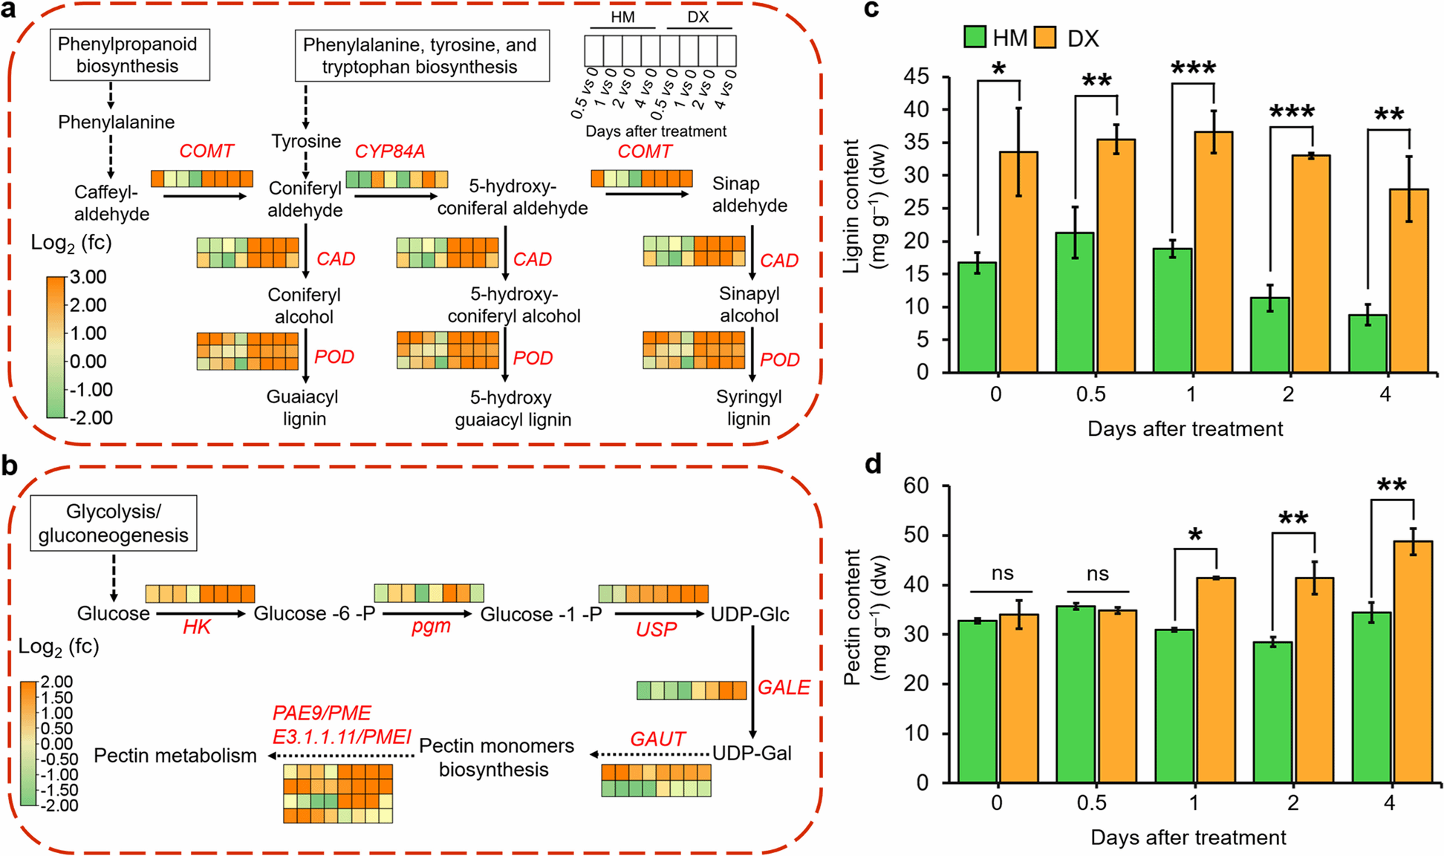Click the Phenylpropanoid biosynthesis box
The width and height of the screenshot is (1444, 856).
pos(129,55)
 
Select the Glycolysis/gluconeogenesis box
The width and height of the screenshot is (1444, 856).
pos(113,523)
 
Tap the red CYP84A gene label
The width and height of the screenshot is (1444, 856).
pos(390,151)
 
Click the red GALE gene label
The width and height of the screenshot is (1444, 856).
pos(784,687)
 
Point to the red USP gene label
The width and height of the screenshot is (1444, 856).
pos(656,630)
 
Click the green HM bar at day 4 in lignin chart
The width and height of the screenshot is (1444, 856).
pos(1367,343)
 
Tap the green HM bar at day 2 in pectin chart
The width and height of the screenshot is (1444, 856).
pos(1273,711)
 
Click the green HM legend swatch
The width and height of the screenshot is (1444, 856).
pos(975,37)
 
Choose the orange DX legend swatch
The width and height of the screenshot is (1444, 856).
pos(1046,37)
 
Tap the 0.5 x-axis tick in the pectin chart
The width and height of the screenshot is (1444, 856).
pos(1091,803)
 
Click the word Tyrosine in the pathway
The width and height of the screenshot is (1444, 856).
pos(306,141)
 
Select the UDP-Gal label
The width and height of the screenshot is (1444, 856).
pos(752,753)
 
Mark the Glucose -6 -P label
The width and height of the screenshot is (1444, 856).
pos(314,614)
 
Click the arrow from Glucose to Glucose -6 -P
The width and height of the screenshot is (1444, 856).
pos(201,614)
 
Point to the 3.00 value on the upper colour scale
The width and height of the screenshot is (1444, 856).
pos(88,277)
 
